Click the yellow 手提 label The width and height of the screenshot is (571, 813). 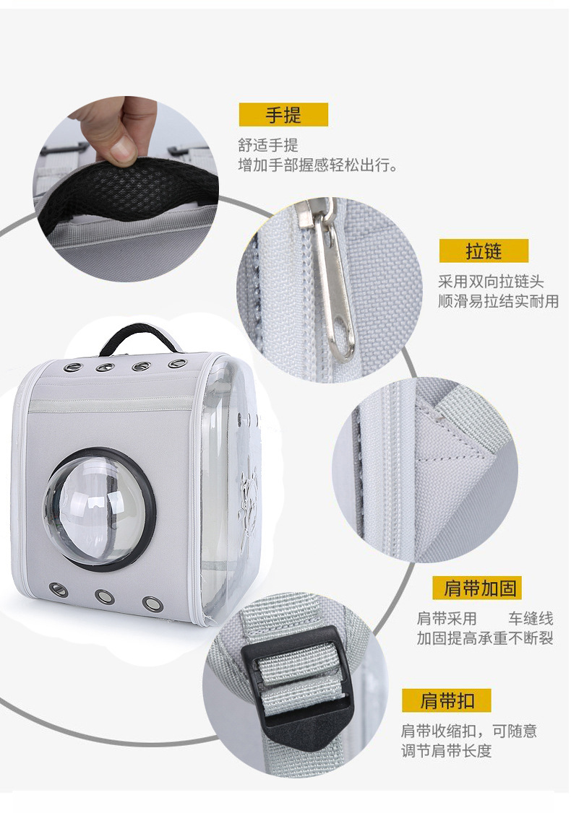(x=283, y=115)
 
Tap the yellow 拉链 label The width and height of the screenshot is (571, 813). (x=484, y=251)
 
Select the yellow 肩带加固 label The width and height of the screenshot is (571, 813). (x=477, y=588)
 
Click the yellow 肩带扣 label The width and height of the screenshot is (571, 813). (x=446, y=700)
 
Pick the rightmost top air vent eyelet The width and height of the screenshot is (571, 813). (x=175, y=363)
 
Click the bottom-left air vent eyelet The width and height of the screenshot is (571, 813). (x=59, y=590)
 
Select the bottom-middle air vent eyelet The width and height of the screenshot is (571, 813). (x=103, y=596)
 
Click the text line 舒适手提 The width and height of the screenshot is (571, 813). (x=268, y=145)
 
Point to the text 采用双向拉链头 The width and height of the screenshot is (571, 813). (x=491, y=282)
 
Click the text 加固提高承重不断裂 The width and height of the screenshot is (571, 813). (x=484, y=638)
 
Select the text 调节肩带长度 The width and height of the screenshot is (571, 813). (x=446, y=751)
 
